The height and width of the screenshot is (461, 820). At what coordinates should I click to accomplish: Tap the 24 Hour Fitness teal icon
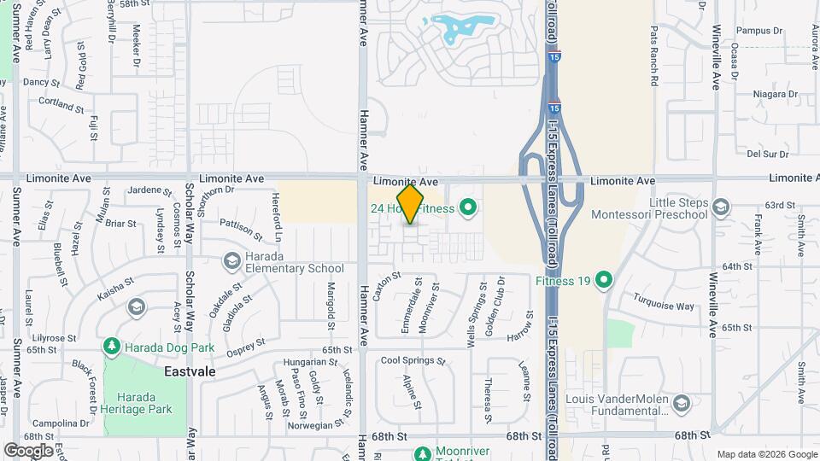point(467,207)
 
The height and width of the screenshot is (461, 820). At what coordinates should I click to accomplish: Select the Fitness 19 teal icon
point(604,279)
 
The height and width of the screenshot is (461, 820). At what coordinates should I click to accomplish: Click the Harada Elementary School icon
point(231,260)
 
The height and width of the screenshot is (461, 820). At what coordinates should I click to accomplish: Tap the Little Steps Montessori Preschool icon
point(720,207)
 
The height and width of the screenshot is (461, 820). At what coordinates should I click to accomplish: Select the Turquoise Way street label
point(663,301)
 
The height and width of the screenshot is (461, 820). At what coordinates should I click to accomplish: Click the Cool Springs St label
point(413,360)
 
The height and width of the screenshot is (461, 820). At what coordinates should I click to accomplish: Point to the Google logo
point(28,450)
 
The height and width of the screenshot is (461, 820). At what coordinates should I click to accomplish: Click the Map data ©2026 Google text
point(766,454)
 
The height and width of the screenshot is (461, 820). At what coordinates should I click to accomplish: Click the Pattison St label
point(241,228)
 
